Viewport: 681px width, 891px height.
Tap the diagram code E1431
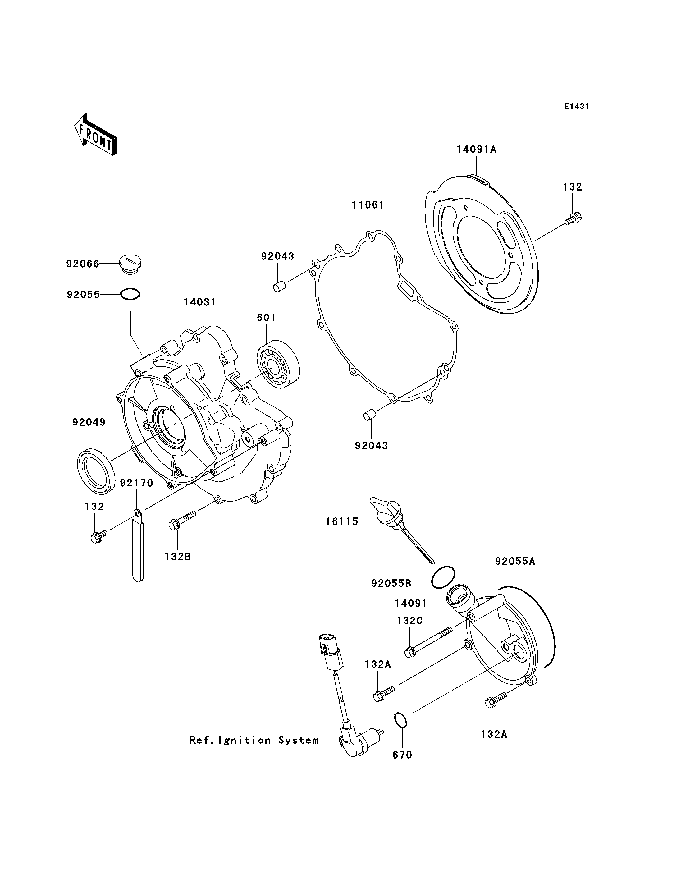[x=576, y=107]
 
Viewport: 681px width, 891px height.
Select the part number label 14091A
[x=476, y=149]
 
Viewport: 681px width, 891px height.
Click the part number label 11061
[x=368, y=205]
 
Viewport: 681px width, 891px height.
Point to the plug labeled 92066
[x=130, y=265]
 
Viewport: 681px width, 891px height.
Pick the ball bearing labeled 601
[x=278, y=361]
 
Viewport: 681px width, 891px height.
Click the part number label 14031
[x=200, y=302]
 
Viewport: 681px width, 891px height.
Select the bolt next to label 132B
[x=182, y=520]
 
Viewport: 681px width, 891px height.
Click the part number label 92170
[x=137, y=483]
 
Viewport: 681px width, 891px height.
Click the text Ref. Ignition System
[x=254, y=741]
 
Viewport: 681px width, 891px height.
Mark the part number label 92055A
[x=515, y=561]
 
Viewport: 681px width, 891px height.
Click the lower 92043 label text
[x=371, y=446]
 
